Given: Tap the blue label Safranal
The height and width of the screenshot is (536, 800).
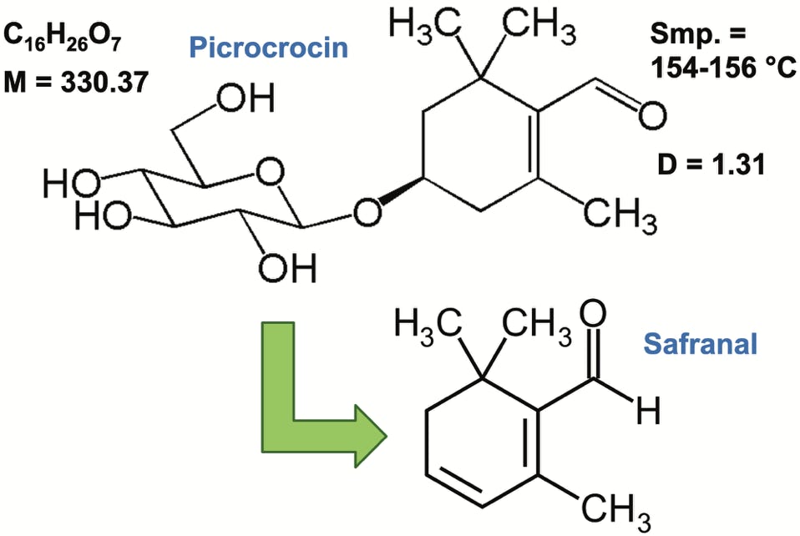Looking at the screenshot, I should [x=700, y=343].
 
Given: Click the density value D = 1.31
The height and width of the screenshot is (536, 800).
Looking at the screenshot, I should [x=716, y=164].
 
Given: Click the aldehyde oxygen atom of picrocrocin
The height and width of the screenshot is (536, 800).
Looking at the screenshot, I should [x=652, y=114].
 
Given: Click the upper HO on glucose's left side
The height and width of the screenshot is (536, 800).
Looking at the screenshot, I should [x=69, y=184].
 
